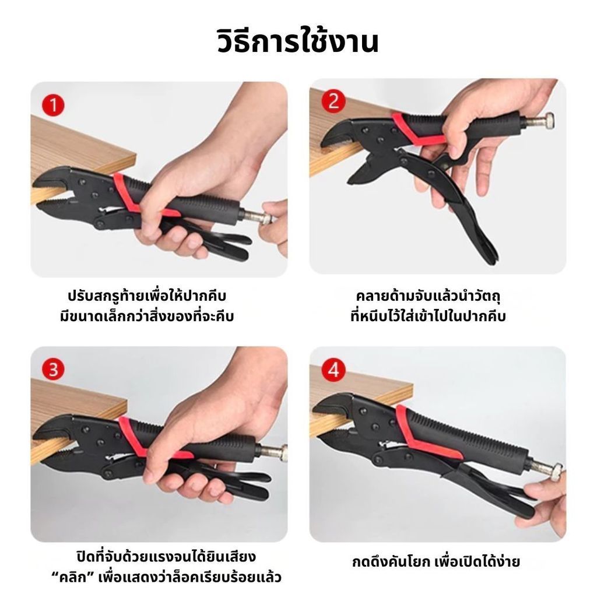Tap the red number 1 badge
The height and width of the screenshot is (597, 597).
coord(53,105)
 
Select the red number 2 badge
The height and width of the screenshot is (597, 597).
coord(333,101)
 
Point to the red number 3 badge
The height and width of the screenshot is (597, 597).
coord(53,370)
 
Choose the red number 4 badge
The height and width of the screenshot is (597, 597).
coord(333,370)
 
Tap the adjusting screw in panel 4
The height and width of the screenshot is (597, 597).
coord(545,468)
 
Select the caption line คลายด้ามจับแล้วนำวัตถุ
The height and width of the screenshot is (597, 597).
coord(429,296)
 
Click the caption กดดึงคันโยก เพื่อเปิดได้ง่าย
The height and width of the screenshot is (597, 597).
coord(436,561)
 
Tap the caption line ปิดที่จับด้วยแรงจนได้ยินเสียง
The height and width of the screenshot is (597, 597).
coord(166,556)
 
